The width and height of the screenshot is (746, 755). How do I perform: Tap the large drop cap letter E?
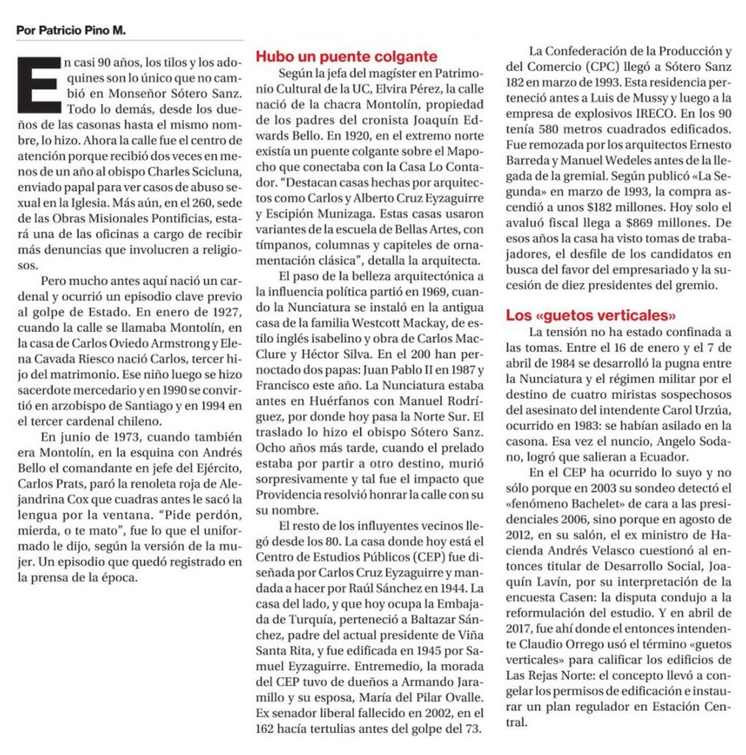click(37, 88)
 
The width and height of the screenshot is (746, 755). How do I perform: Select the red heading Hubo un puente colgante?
click(346, 57)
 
